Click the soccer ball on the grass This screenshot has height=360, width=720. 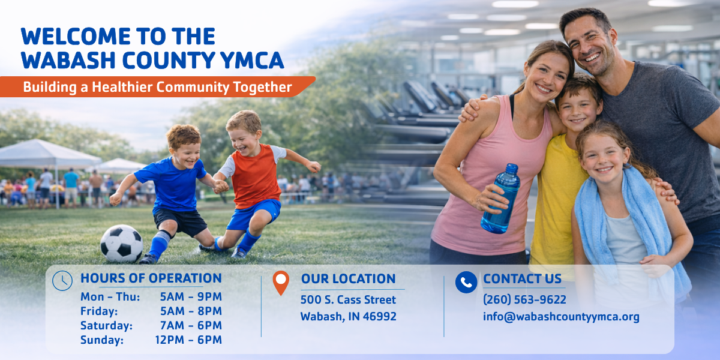click(121, 244)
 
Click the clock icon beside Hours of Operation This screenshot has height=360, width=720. click(62, 281)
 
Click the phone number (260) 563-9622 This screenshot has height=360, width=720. click(524, 299)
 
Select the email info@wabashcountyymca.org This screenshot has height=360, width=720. click(561, 317)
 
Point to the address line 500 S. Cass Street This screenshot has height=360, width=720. click(348, 299)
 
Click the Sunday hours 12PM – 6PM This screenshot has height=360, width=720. click(188, 340)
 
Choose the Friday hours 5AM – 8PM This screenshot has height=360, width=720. click(191, 311)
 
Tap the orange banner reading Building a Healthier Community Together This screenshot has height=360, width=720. click(157, 87)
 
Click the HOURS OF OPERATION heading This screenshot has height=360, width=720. click(151, 278)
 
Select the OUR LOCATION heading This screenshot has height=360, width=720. click(348, 279)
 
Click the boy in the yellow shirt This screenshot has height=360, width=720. click(558, 192)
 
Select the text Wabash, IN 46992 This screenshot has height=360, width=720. click(348, 317)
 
